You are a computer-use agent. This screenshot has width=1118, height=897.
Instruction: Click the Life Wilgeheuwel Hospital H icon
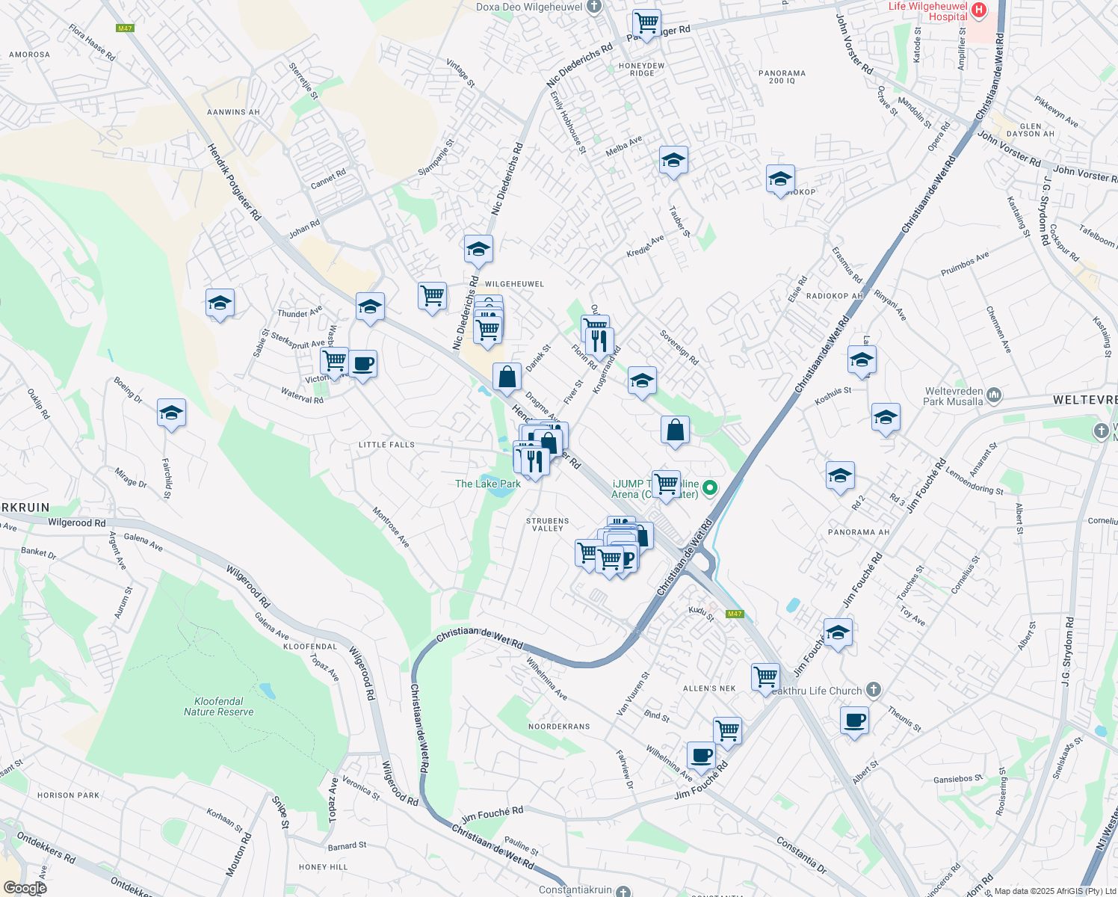[x=978, y=10]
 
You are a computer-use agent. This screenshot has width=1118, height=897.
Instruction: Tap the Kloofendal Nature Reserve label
[x=218, y=706]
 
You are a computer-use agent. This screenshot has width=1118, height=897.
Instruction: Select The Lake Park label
[x=488, y=484]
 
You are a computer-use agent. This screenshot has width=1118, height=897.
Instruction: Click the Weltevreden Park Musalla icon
[x=993, y=394]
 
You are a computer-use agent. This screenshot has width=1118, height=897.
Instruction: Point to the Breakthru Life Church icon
[x=874, y=690]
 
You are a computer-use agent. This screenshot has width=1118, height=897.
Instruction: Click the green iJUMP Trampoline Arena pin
[x=710, y=488]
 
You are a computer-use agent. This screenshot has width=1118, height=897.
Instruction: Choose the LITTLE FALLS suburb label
[x=386, y=445]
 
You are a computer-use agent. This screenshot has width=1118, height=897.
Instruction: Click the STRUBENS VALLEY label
[x=547, y=525]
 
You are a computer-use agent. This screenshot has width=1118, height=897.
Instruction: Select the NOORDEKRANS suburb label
[x=559, y=727]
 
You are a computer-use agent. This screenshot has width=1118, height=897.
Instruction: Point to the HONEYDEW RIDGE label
[x=641, y=70]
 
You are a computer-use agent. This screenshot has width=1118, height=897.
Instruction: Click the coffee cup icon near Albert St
[x=854, y=721]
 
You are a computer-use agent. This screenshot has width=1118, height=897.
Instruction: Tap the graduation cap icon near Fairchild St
[x=171, y=413]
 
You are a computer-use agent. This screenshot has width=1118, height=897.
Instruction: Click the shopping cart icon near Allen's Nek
[x=765, y=677]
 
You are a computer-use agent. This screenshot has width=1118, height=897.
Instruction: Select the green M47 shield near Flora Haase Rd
[x=125, y=28]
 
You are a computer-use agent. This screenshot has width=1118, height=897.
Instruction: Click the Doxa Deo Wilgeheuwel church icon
[x=594, y=7]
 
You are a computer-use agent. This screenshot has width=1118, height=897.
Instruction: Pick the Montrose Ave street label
[x=391, y=527]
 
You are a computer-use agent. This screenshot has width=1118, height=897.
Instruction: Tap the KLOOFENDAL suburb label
[x=310, y=647]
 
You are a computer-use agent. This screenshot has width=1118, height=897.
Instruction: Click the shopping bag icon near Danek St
[x=507, y=377]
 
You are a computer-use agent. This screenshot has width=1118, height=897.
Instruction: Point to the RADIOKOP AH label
[x=834, y=296]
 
